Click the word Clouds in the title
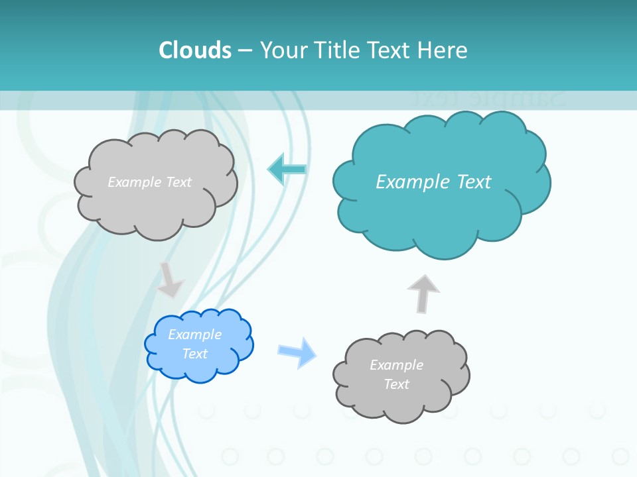(195, 50)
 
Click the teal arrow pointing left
(287, 170)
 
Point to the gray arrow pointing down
(170, 280)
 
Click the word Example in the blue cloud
(195, 335)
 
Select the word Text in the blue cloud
(195, 354)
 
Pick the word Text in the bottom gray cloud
(397, 384)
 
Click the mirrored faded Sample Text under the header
(488, 99)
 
